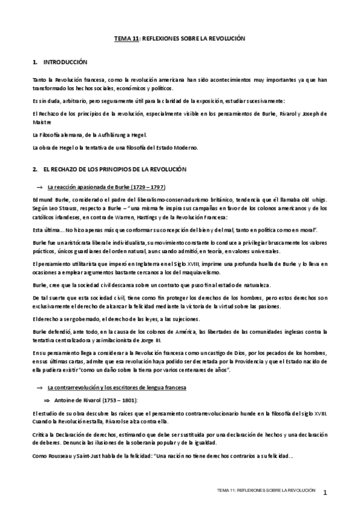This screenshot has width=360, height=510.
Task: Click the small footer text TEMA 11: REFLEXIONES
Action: point(267,491)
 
